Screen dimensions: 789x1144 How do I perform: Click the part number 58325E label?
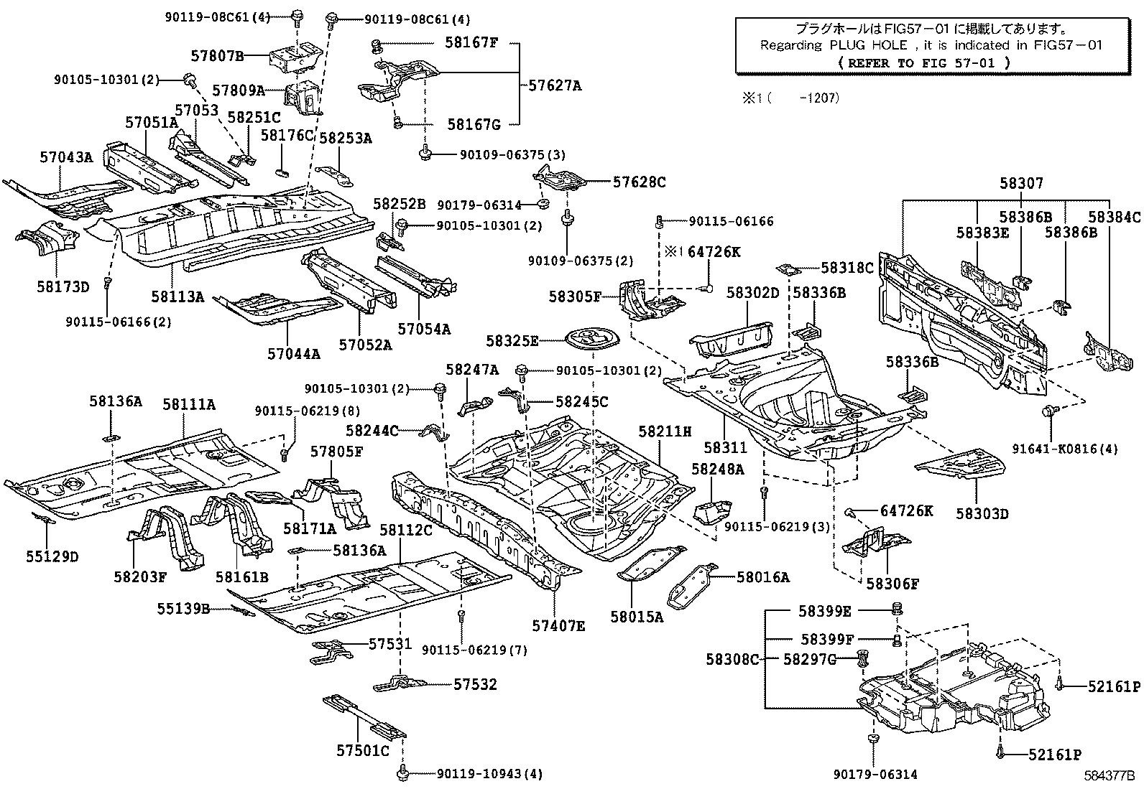(x=512, y=341)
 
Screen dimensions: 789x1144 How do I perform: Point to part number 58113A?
(x=177, y=296)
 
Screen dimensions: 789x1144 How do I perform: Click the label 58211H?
(x=665, y=431)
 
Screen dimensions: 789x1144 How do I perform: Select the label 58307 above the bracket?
(x=1021, y=184)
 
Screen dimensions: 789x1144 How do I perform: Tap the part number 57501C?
(x=362, y=751)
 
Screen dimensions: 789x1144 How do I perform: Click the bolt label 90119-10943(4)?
(x=489, y=774)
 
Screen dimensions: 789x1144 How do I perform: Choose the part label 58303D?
(x=982, y=513)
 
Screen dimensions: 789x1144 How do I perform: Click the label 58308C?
(x=732, y=659)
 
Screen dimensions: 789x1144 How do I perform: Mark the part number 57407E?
(x=558, y=626)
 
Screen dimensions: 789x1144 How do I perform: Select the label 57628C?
(x=639, y=182)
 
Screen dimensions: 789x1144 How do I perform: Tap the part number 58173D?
(x=63, y=287)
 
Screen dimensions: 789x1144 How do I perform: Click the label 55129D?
(x=52, y=556)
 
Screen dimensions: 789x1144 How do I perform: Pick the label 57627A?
(x=555, y=85)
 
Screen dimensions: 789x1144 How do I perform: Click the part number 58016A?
(x=762, y=577)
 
